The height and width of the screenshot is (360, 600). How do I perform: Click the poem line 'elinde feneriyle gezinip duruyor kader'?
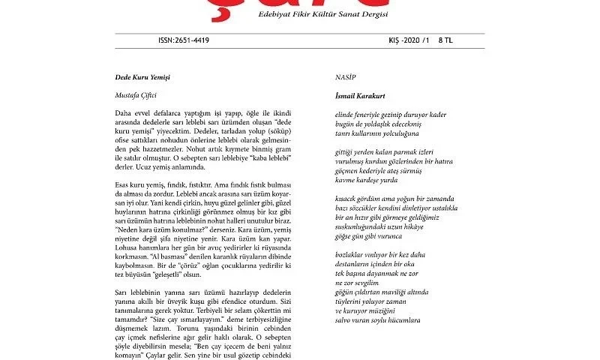coord(390,115)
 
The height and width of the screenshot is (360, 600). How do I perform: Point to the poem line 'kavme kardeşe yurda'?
coord(366,180)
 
